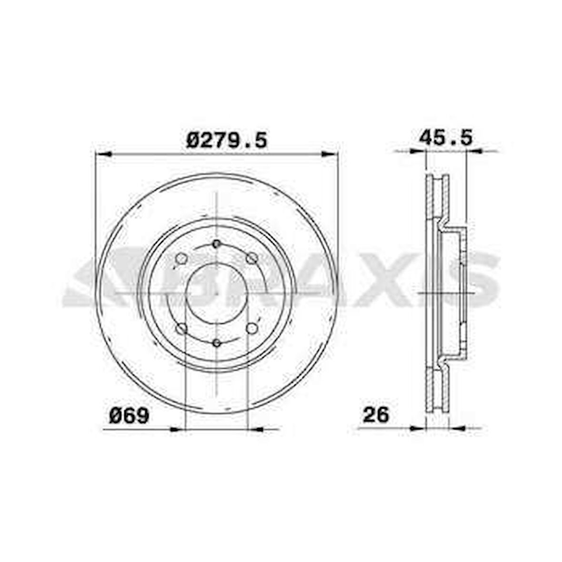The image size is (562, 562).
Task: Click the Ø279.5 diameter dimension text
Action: pyautogui.click(x=227, y=140)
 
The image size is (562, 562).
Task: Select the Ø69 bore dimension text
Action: pyautogui.click(x=129, y=416)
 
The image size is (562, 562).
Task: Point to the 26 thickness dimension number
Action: pyautogui.click(x=376, y=415)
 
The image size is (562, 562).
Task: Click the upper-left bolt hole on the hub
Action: pyautogui.click(x=181, y=259)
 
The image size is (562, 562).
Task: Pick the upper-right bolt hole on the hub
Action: pyautogui.click(x=252, y=259)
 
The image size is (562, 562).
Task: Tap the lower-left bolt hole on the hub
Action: pyautogui.click(x=181, y=329)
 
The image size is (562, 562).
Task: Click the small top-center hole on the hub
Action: pyautogui.click(x=217, y=244)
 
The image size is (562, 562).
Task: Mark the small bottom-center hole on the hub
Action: pyautogui.click(x=217, y=343)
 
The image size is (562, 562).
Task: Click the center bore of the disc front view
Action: pyautogui.click(x=216, y=293)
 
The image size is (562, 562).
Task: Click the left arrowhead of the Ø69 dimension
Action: pyautogui.click(x=177, y=429)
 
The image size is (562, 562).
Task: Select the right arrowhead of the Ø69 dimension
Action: pyautogui.click(x=256, y=429)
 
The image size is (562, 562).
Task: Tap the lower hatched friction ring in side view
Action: pyautogui.click(x=438, y=388)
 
